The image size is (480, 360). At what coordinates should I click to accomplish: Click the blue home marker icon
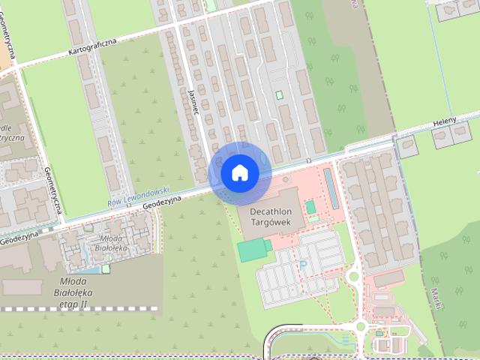point(239,172)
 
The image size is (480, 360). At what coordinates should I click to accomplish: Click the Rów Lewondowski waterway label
point(138,196)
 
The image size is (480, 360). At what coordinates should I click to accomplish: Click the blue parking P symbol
point(304,265)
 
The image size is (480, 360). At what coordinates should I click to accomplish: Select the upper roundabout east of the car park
point(352,277)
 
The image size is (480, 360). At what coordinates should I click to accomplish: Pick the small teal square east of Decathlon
point(310,206)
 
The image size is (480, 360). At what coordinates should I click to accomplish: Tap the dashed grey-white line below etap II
point(79,308)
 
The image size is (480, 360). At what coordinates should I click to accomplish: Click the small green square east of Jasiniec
point(280,94)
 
